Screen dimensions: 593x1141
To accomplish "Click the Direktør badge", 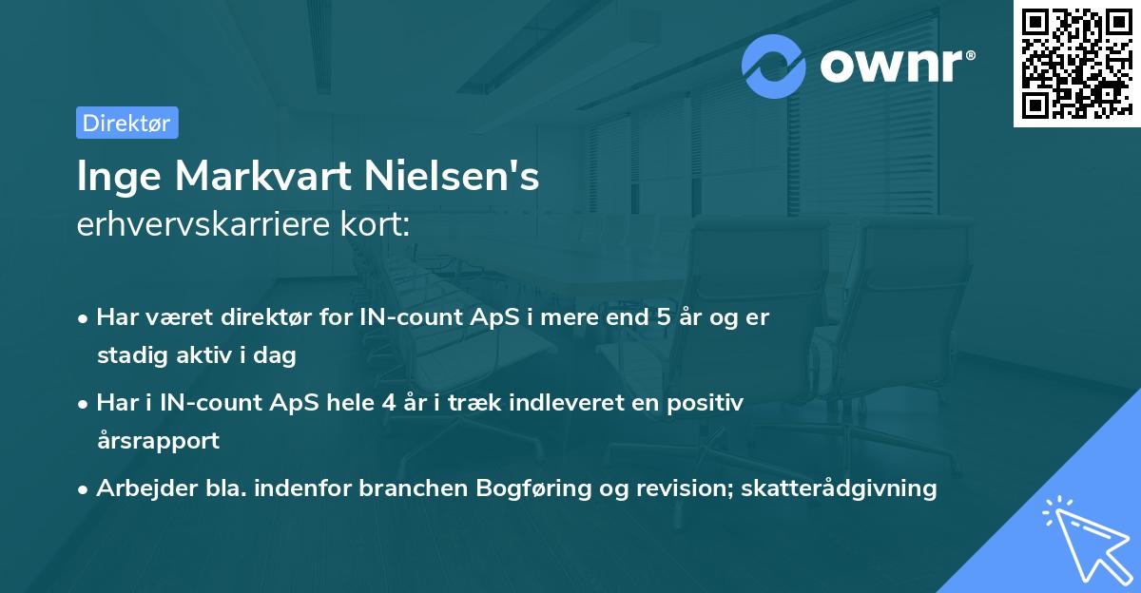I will coord(126,123).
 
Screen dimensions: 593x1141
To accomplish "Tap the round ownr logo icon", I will coord(774,66).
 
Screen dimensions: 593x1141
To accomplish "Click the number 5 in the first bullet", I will coord(663,317).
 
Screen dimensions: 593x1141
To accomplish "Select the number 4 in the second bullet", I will coord(387,402).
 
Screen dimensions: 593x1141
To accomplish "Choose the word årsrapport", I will coord(158,440).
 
